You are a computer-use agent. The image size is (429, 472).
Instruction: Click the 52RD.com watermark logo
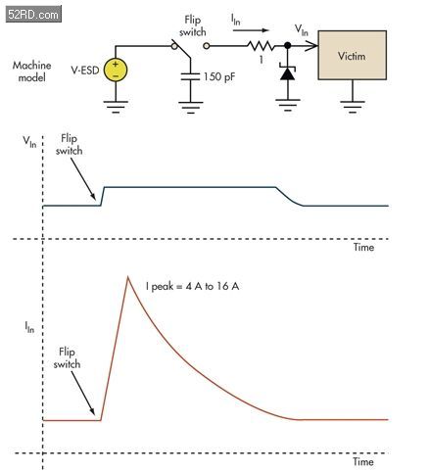click(33, 15)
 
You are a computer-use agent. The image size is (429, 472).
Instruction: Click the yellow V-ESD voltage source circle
click(116, 70)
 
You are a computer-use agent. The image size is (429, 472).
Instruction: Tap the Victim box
click(353, 55)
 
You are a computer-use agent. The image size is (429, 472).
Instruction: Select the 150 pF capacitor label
click(219, 76)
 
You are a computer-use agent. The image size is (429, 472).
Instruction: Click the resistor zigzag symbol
click(261, 46)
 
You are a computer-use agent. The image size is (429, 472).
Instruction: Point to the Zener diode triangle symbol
click(287, 73)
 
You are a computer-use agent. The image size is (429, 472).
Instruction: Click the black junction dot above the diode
click(288, 45)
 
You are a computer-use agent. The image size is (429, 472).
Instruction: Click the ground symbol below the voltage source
click(116, 107)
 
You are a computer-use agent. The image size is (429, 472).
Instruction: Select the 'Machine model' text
click(31, 71)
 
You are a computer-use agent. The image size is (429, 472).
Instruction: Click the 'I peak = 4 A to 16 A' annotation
click(192, 286)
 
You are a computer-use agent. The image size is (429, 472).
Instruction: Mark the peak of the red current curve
click(128, 277)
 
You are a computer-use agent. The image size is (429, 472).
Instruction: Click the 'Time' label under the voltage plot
click(363, 247)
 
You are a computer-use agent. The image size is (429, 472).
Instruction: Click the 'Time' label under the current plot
click(363, 461)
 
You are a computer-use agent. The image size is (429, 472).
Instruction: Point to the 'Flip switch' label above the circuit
click(193, 25)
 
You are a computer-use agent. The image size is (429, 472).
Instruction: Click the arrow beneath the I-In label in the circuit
click(251, 30)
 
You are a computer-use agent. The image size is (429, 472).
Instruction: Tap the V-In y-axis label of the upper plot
click(29, 142)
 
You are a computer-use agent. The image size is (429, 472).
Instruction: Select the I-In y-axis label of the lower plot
click(29, 327)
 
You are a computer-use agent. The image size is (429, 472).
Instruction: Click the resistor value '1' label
click(262, 60)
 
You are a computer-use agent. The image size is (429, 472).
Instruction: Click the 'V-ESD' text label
click(85, 71)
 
